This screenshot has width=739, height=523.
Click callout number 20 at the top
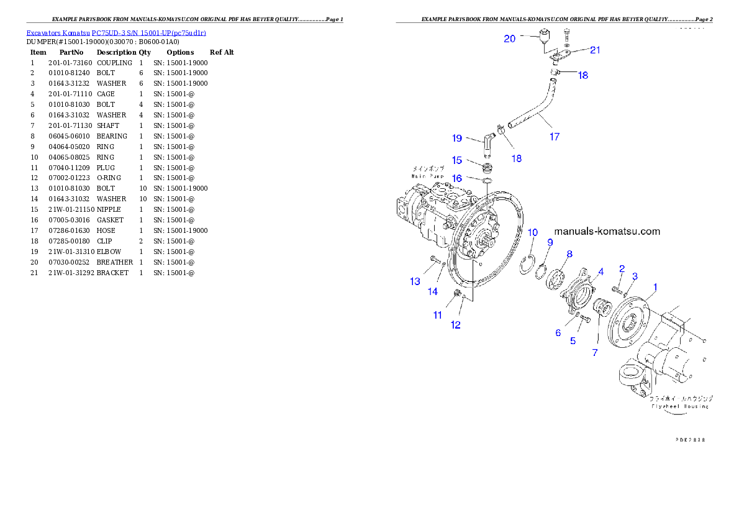click(509, 39)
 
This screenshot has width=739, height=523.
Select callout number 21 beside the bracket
click(595, 50)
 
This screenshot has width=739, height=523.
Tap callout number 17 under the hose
click(554, 137)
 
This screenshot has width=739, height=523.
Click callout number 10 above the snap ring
click(533, 232)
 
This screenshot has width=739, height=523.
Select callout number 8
click(569, 253)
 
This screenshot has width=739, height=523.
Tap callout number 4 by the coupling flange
click(601, 271)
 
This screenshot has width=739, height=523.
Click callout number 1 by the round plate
click(655, 287)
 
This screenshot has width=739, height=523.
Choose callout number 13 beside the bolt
click(415, 281)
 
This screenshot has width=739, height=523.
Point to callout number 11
click(438, 315)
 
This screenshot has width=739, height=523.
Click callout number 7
click(594, 352)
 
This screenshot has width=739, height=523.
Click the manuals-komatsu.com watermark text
click(607, 232)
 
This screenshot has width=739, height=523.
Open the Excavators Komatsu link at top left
click(116, 32)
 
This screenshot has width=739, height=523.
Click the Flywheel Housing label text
click(680, 406)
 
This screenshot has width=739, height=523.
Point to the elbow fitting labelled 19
click(489, 145)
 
